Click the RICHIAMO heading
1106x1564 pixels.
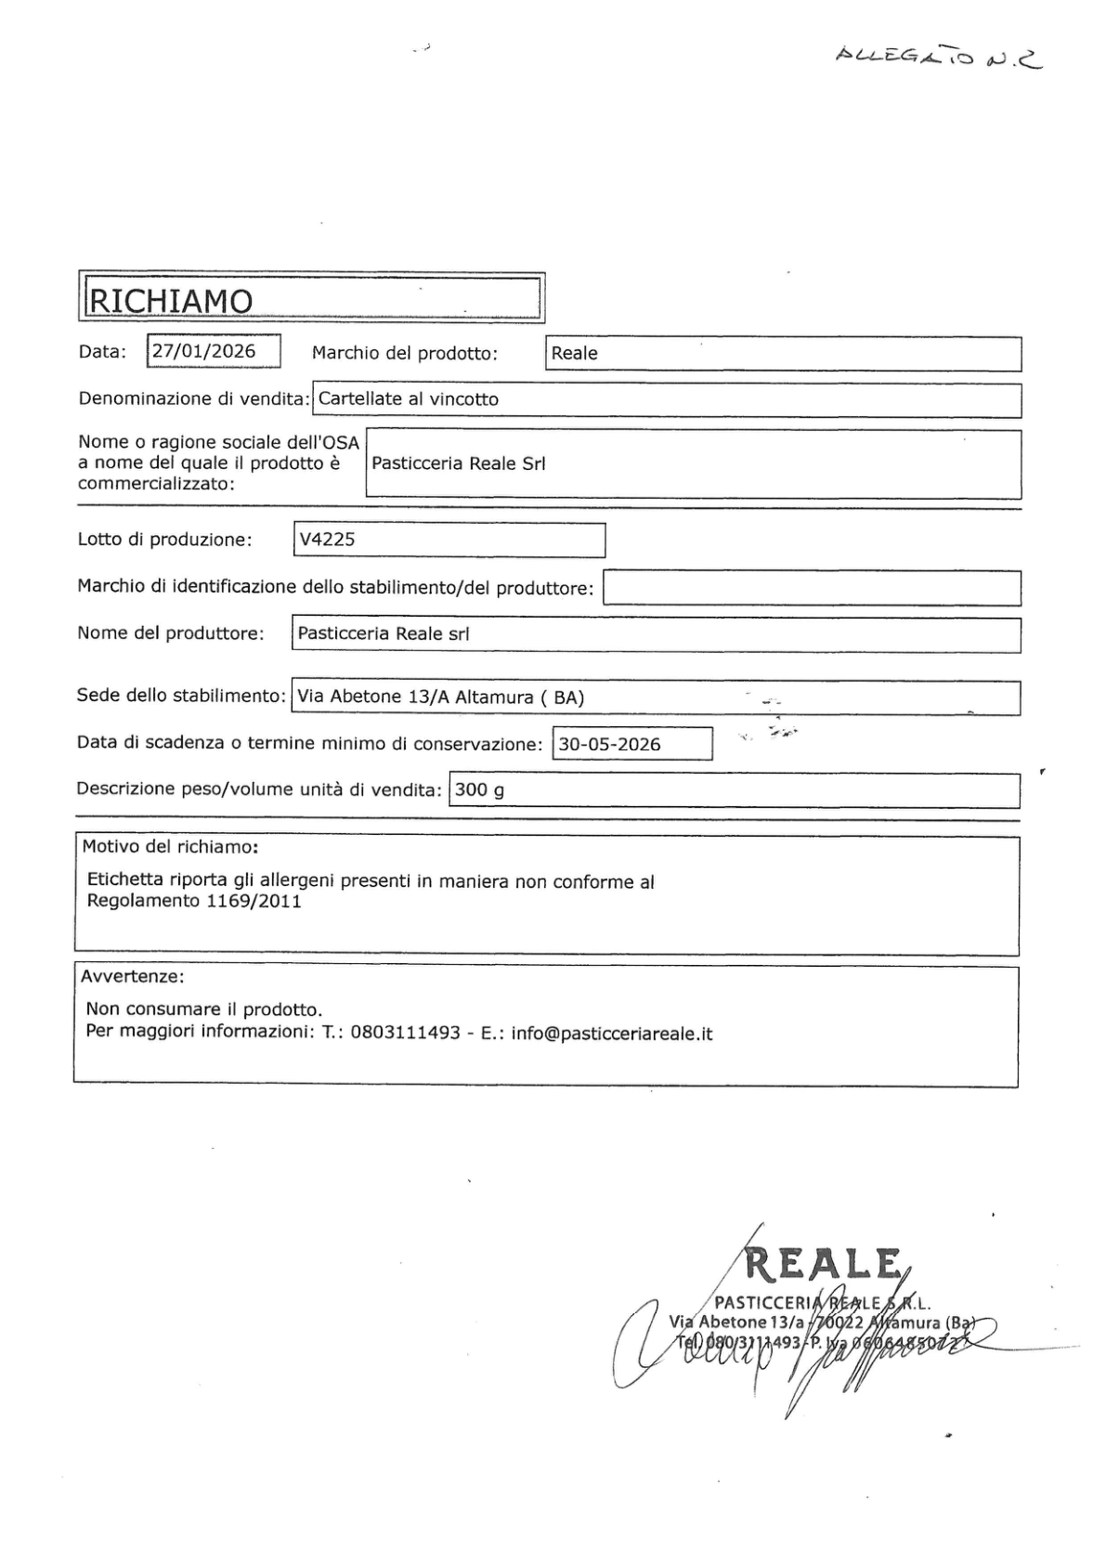pos(170,300)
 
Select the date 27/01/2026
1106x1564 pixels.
pos(204,351)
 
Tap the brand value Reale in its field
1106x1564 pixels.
pos(575,354)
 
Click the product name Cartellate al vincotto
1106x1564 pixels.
pos(409,399)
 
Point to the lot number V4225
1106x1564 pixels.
pos(327,540)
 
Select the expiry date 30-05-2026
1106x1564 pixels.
pos(609,744)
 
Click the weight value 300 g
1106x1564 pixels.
pos(480,790)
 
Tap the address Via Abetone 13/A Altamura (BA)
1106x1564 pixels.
pos(440,697)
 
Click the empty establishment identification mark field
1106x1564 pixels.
pos(812,588)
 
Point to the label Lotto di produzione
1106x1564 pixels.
pos(165,540)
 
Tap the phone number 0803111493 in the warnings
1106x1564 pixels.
pos(405,1033)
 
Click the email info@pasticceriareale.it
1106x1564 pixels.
pos(612,1033)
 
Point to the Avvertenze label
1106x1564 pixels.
pos(133,977)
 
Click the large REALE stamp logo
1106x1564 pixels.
pos(824,1264)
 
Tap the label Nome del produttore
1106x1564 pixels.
pos(171,633)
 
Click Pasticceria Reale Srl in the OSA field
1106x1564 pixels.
pos(459,463)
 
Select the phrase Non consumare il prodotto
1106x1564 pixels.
pos(204,1010)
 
